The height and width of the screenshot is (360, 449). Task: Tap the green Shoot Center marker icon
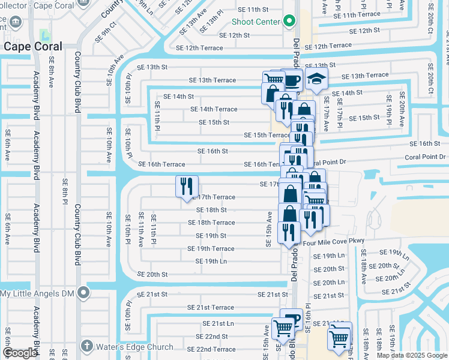pyautogui.click(x=289, y=22)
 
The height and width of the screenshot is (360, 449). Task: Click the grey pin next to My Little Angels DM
pyautogui.click(x=83, y=293)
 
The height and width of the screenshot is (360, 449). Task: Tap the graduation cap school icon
pyautogui.click(x=316, y=79)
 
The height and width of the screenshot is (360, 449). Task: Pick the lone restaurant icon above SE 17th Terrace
pyautogui.click(x=187, y=185)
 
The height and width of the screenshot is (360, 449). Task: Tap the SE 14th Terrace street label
pyautogui.click(x=214, y=109)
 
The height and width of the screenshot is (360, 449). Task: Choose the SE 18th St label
pyautogui.click(x=211, y=210)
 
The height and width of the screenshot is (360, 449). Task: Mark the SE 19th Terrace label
pyautogui.click(x=211, y=248)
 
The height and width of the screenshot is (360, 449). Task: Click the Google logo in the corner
pyautogui.click(x=20, y=353)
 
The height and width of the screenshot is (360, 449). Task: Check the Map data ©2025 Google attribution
pyautogui.click(x=412, y=355)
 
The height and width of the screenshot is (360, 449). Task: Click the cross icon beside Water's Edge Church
pyautogui.click(x=86, y=346)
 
